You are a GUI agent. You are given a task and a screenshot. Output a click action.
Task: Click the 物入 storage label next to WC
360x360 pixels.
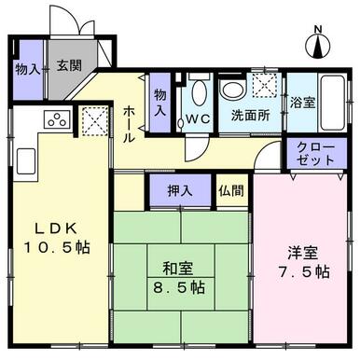point(160,101)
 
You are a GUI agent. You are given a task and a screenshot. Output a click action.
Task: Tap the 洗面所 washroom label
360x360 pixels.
point(250,117)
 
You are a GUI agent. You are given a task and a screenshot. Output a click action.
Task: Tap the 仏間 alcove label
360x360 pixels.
point(230,189)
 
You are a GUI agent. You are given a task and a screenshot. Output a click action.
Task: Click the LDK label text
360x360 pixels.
point(52,228)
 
